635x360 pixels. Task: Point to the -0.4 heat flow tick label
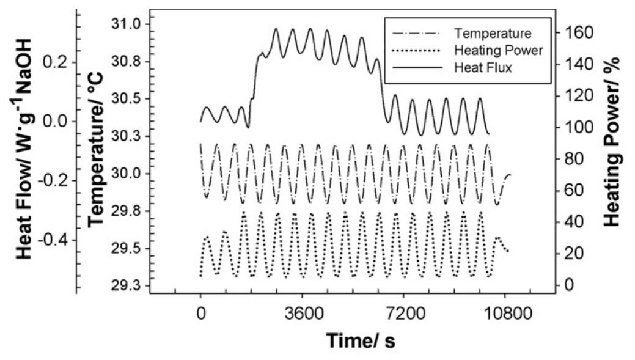click(54, 240)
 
